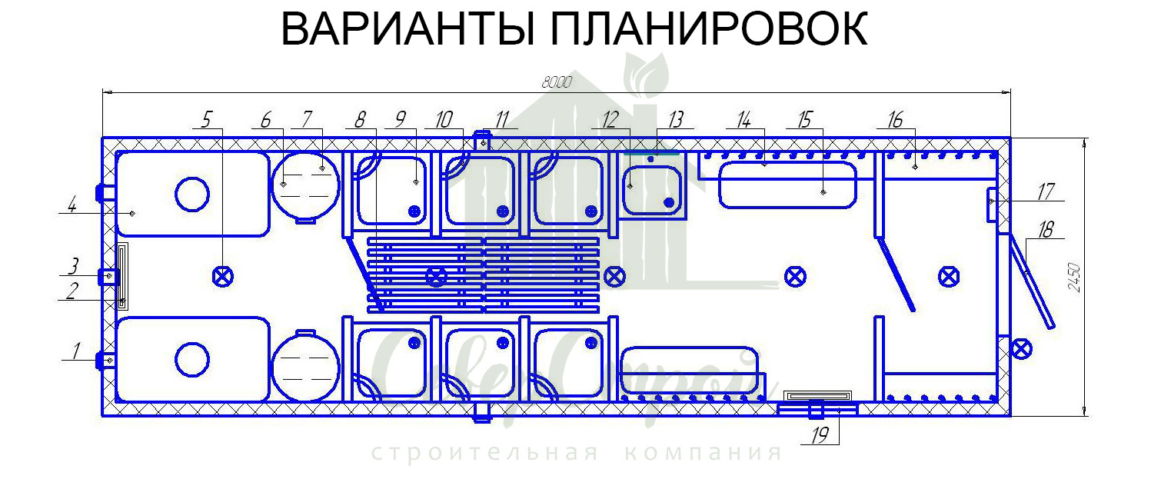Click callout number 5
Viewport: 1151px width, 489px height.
(x=205, y=119)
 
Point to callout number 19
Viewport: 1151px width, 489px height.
(x=820, y=436)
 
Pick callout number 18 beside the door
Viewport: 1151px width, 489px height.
(x=1045, y=229)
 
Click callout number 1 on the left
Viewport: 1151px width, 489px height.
(x=75, y=351)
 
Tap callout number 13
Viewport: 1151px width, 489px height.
(x=676, y=119)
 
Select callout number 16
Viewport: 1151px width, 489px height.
(x=894, y=119)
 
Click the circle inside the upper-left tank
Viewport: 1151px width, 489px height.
(x=191, y=193)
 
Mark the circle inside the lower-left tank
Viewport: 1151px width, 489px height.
(x=191, y=359)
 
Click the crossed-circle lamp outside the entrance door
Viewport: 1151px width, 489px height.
(x=1021, y=348)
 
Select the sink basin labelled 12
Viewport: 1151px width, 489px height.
(x=653, y=191)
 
